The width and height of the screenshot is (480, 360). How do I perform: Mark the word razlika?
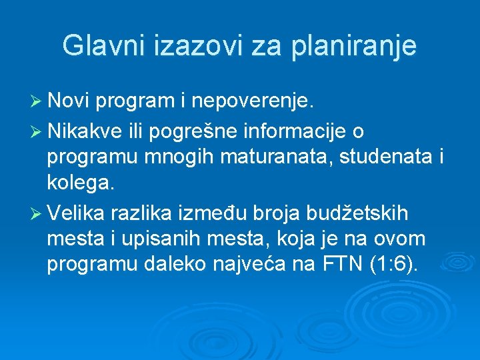[x=147, y=213]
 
